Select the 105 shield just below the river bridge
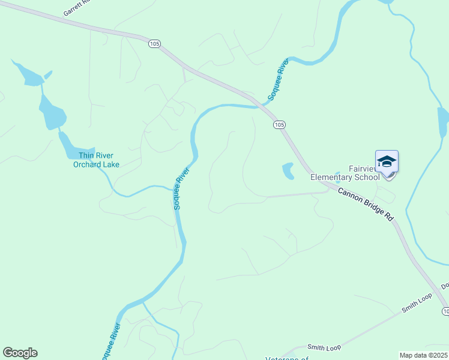(279, 124)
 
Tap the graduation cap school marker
(387, 162)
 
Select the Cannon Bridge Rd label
(366, 205)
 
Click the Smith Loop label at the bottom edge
(324, 347)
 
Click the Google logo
(20, 353)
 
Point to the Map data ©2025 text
(423, 355)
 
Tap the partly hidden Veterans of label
(287, 358)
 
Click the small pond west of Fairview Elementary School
(289, 171)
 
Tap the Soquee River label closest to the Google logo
(111, 340)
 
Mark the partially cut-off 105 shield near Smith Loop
(445, 311)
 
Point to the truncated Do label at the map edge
(445, 287)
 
